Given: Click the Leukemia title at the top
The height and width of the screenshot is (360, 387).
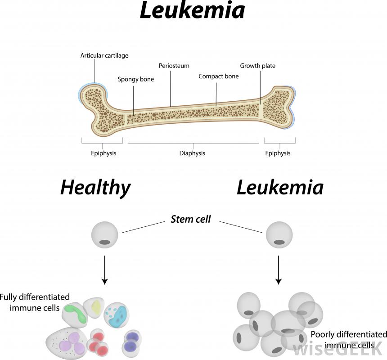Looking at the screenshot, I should pos(192,11).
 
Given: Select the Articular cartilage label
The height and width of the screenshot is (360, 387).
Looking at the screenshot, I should pos(104,56).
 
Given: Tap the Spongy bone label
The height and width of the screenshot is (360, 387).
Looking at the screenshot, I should pos(136,80).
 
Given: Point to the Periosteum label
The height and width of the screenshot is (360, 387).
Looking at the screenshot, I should pos(174,66).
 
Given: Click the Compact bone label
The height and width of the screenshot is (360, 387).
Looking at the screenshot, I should pos(219,76).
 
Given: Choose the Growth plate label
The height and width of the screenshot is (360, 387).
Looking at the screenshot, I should pos(257,66).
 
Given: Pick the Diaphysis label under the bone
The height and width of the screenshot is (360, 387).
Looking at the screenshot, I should pos(192,153).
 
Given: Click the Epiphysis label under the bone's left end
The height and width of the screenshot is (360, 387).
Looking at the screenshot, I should pos(103,153).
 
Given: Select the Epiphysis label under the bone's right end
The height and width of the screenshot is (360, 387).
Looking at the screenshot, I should pos(278,153).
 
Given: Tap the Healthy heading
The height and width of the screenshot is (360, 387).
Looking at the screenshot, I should pos(95,187).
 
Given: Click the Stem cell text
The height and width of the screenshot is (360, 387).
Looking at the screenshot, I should pos(190,220).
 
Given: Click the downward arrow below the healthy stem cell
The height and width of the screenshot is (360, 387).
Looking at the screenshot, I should pos(105,270).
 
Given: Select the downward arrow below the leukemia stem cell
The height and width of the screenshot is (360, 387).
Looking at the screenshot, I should pos(279,270).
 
